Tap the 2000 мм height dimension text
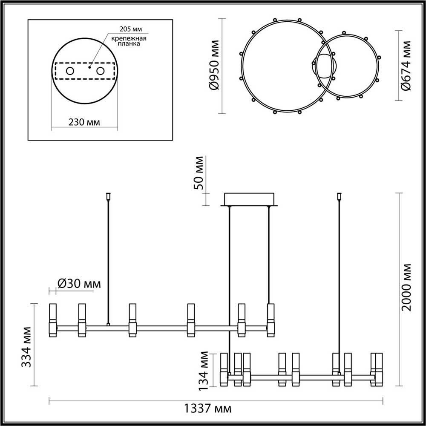coord(408,287)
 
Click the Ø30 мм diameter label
coord(78,283)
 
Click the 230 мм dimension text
coord(84,122)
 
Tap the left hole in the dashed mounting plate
coord(69,71)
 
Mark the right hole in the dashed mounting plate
coord(101,71)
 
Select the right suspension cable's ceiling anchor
coord(340,196)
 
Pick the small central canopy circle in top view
coord(324,66)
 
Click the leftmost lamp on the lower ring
coord(224,369)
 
